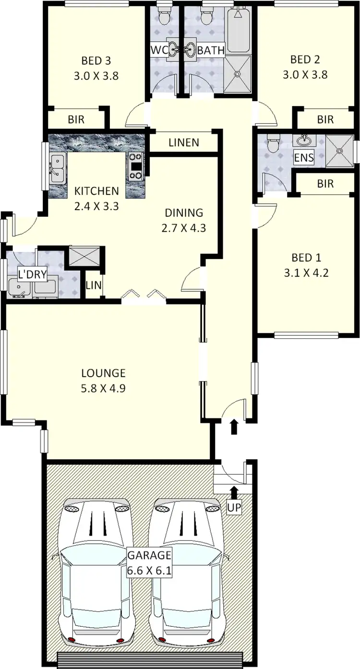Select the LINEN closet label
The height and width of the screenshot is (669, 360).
[x=184, y=143]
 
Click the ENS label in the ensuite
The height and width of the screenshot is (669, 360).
[x=303, y=158]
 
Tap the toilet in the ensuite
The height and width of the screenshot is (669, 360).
[x=273, y=143]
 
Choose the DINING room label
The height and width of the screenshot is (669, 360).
[x=184, y=213]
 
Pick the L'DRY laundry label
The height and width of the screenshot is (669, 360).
[x=32, y=275]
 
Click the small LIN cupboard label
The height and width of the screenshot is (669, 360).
[x=94, y=285]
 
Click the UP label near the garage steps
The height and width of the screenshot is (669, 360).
[x=234, y=507]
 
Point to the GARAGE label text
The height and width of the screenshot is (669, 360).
[x=149, y=556]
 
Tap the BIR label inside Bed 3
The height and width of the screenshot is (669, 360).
[x=76, y=119]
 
